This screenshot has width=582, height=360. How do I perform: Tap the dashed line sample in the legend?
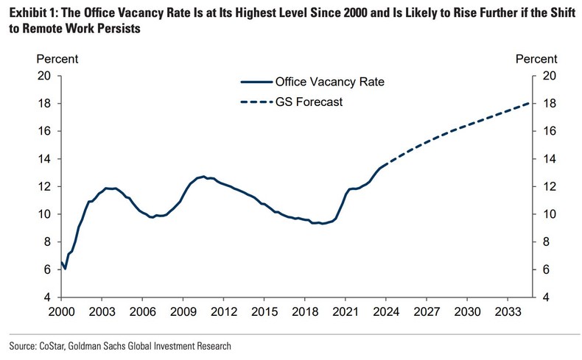point(255,102)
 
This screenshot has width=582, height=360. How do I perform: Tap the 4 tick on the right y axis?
point(547,297)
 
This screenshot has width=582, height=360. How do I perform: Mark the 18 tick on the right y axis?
point(550,104)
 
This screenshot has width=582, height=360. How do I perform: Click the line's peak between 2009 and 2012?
point(203,177)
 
